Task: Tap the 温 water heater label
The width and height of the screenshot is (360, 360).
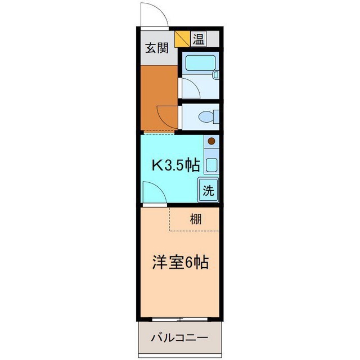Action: coord(199,39)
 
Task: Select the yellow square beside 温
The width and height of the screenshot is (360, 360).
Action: coord(182,39)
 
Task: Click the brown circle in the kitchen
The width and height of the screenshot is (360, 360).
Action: coord(211,142)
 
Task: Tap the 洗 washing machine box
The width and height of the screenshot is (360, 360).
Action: coord(208,190)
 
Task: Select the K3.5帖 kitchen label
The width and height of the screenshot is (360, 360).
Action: coord(177,165)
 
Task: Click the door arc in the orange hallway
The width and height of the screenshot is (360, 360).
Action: coord(166,116)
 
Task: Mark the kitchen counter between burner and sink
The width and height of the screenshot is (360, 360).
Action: coord(211,152)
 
